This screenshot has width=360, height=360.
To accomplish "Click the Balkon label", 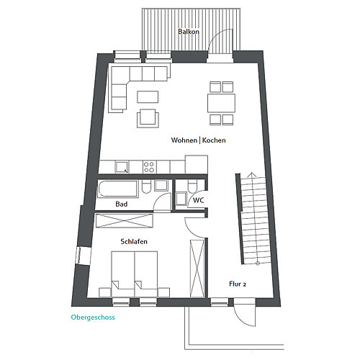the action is pyautogui.click(x=189, y=32).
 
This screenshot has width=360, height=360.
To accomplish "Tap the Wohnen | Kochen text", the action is pyautogui.click(x=198, y=140).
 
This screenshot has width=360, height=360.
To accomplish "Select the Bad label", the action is pyautogui.click(x=122, y=204).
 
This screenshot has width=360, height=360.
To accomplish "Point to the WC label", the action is pyautogui.click(x=198, y=200).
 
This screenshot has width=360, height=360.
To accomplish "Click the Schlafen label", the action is pyautogui.click(x=134, y=241).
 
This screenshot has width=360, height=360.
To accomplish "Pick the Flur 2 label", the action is pyautogui.click(x=238, y=284).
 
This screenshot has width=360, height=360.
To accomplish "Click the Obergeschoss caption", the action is pyautogui.click(x=93, y=318).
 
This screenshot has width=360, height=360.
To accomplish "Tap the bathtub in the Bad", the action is pyautogui.click(x=117, y=189).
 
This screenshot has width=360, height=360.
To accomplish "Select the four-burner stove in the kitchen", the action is pyautogui.click(x=148, y=167).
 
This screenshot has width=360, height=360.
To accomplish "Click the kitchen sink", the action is pyautogui.click(x=122, y=167).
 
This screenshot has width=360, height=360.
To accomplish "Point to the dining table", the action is pyautogui.click(x=221, y=103).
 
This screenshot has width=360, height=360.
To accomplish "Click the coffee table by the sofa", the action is pyautogui.click(x=148, y=97).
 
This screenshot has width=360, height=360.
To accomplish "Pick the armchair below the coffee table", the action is pyautogui.click(x=148, y=118).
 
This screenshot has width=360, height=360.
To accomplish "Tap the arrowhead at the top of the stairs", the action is pyautogui.click(x=251, y=174).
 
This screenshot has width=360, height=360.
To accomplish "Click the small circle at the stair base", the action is pyautogui.click(x=258, y=264).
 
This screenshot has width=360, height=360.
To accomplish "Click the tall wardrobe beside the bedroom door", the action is pyautogui.click(x=197, y=269).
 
